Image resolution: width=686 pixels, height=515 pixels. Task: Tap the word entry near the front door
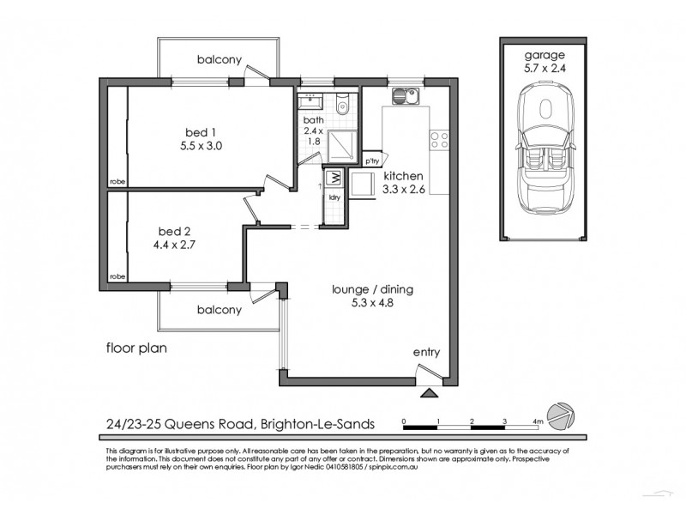(x=426, y=352)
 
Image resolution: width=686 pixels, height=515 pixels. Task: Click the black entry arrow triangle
(x=430, y=393)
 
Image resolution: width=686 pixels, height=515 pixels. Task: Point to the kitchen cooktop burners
(x=439, y=138)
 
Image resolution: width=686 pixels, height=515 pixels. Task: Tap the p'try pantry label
(x=373, y=161)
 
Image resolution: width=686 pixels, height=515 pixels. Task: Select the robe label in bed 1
(x=116, y=180)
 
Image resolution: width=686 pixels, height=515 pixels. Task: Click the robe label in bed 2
(x=116, y=278)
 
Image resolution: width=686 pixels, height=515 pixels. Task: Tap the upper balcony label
(x=218, y=60)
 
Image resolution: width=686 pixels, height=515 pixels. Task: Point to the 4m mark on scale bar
(x=539, y=421)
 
